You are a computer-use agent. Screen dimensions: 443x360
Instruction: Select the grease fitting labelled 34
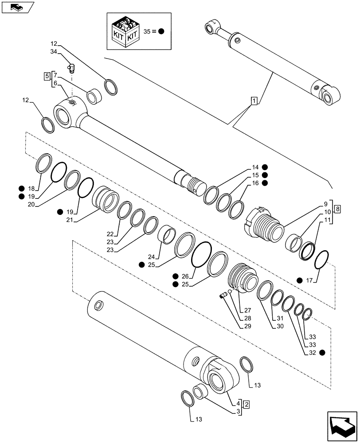[x=72, y=67]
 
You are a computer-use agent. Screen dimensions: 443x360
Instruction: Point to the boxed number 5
[x=47, y=76]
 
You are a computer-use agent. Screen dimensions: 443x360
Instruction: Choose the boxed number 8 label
[x=338, y=208]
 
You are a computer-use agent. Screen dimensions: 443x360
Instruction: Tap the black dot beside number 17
[x=300, y=280]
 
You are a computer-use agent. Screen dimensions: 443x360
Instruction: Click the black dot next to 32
[x=322, y=353]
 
